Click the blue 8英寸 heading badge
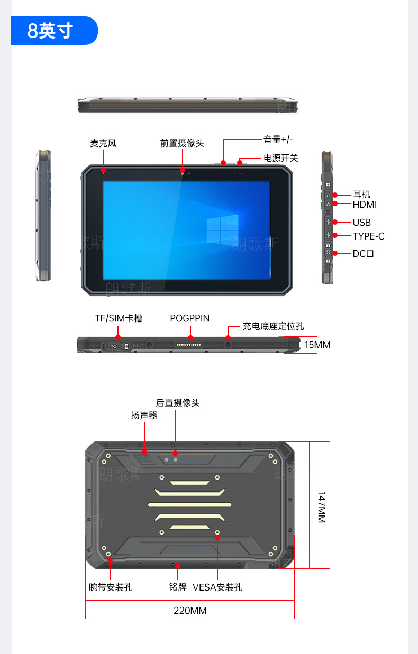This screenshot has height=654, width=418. (54, 31)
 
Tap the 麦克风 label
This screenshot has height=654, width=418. (103, 143)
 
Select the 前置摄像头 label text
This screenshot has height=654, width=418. (182, 143)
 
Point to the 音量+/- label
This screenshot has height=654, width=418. (278, 140)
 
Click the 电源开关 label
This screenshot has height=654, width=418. (281, 158)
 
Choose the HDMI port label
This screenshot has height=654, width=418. (365, 205)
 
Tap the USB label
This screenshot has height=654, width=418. (361, 223)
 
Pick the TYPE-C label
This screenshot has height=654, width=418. (368, 236)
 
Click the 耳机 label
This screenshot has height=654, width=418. (361, 194)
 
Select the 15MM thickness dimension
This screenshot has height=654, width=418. (317, 345)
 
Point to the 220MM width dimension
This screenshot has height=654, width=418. (190, 611)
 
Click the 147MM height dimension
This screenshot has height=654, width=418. (322, 507)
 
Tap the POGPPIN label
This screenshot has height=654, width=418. (190, 318)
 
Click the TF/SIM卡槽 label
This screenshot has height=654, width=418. (119, 318)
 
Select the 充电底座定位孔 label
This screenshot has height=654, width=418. (274, 326)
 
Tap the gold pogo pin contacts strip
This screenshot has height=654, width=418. (189, 345)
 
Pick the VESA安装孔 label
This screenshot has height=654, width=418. (217, 587)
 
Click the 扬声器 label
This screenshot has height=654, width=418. (144, 416)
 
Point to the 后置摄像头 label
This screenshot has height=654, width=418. (178, 403)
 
